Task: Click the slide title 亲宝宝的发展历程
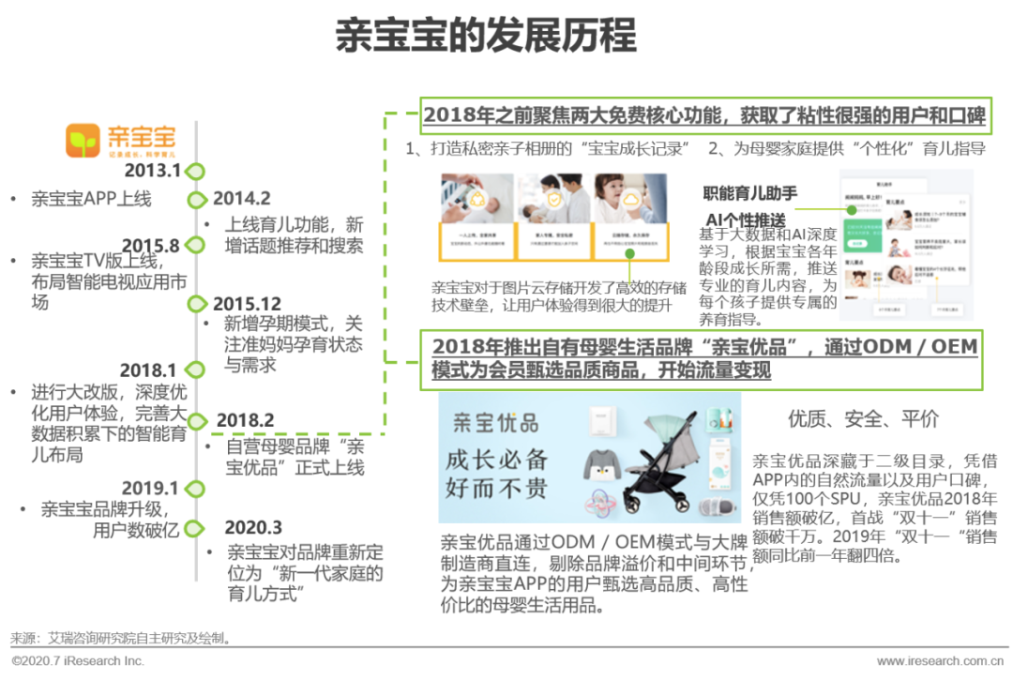click(486, 38)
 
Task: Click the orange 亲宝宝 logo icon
click(83, 141)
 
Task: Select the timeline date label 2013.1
click(151, 171)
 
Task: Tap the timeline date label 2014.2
click(242, 199)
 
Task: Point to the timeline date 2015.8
click(150, 246)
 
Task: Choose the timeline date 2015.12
click(247, 304)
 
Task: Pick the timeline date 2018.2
click(245, 420)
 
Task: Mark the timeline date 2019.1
click(150, 488)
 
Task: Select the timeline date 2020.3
click(253, 528)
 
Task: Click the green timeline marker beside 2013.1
click(195, 172)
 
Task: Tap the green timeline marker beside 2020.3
click(195, 528)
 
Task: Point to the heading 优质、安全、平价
click(863, 418)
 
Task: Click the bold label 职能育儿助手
click(750, 194)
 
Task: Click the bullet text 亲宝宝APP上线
click(91, 199)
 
